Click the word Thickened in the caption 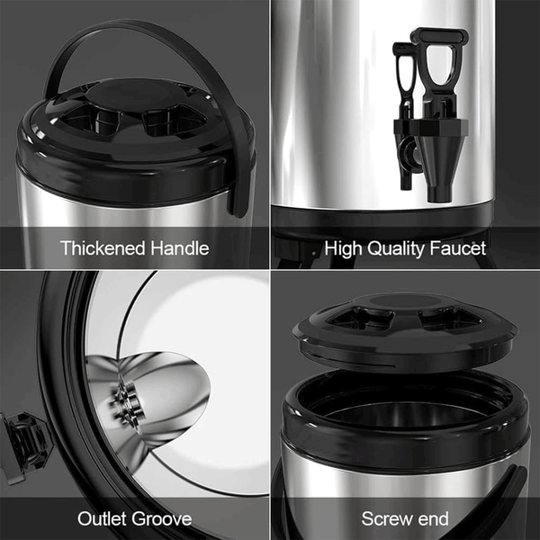(103, 248)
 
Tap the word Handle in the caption (180, 248)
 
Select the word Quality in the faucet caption (396, 249)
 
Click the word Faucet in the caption (458, 248)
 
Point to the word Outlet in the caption (103, 518)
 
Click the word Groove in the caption (162, 519)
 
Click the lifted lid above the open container (405, 332)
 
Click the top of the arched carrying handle (134, 23)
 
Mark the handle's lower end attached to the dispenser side (239, 196)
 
